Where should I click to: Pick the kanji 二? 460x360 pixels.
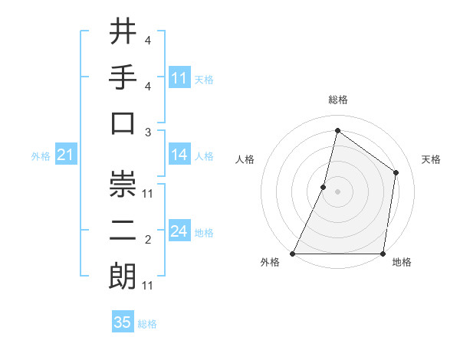point(123,231)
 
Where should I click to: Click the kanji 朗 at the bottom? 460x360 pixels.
point(123,276)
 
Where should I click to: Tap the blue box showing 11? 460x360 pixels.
point(179,78)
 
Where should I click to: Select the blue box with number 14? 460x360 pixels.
point(179,155)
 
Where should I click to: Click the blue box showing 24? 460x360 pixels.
point(179,231)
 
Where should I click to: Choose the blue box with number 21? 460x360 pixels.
point(66,155)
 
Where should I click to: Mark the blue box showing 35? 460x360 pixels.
point(123,322)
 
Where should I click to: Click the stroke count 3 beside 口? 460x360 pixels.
point(147,132)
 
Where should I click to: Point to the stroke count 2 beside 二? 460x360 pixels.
point(147,241)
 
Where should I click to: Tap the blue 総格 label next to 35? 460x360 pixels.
point(147,324)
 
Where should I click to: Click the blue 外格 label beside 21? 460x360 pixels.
point(41,156)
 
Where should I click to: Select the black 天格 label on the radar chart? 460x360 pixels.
point(431,159)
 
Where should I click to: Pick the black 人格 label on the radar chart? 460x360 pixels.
point(245,159)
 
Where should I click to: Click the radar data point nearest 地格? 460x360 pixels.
point(383,254)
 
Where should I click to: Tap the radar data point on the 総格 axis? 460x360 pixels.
point(337,130)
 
